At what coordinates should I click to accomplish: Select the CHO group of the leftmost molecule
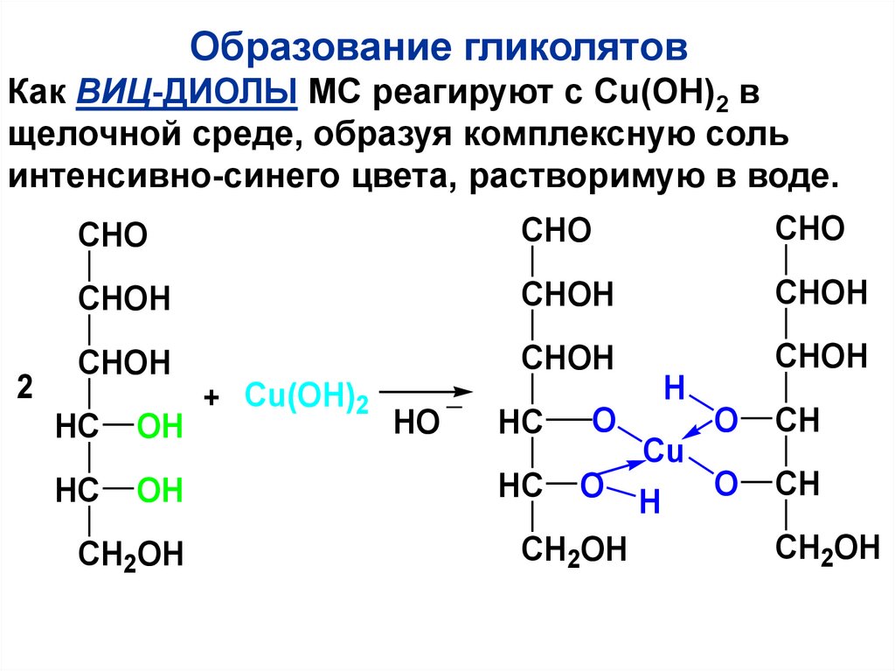click(x=113, y=236)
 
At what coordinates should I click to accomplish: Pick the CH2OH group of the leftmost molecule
click(x=131, y=555)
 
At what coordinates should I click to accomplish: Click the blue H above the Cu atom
click(x=673, y=388)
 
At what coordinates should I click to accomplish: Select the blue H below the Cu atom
click(x=649, y=502)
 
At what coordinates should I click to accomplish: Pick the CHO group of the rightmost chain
click(x=810, y=230)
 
